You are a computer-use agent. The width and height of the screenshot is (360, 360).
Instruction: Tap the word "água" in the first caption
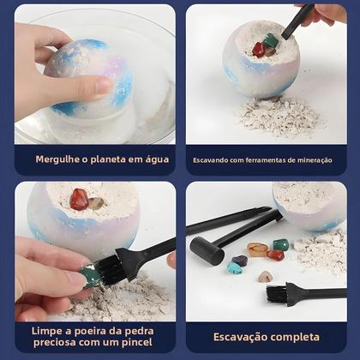click(x=153, y=159)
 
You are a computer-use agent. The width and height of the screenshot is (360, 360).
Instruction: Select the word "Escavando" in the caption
click(x=215, y=159)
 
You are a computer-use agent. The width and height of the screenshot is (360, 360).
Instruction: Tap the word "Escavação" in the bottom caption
click(x=245, y=336)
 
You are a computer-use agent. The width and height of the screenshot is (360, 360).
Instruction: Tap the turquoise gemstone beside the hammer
click(x=234, y=267)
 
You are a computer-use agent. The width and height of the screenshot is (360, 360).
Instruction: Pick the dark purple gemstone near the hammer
click(x=240, y=260)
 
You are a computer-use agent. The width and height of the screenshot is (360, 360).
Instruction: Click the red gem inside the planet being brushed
click(x=79, y=199)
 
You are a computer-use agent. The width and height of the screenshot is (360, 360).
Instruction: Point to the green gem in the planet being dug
click(x=271, y=42)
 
